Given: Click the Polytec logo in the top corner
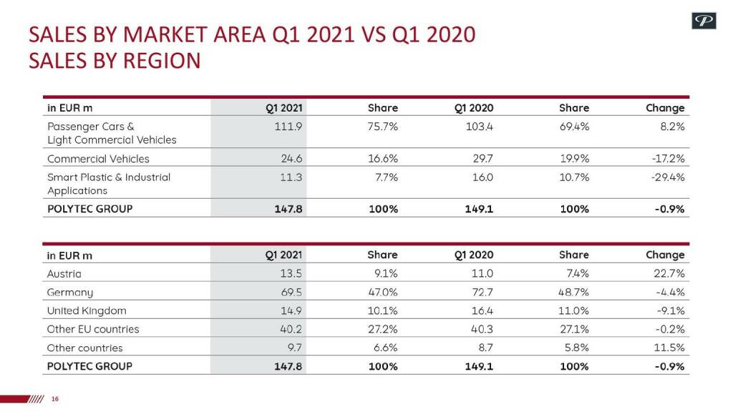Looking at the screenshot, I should tap(704, 21).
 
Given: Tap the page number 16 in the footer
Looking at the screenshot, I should tap(54, 399).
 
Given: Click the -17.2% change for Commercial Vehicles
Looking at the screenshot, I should tap(666, 159).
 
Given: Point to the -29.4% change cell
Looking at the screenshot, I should tap(666, 177).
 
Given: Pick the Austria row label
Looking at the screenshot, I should tap(64, 274).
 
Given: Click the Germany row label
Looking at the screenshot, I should tap(70, 293).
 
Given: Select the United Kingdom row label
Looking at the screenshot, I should tap(87, 311).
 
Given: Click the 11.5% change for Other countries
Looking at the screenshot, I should tap(669, 348).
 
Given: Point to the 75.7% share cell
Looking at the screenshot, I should tap(382, 127).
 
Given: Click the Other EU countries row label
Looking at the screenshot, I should tap(93, 330).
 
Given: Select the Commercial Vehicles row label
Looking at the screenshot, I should tap(98, 159).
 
